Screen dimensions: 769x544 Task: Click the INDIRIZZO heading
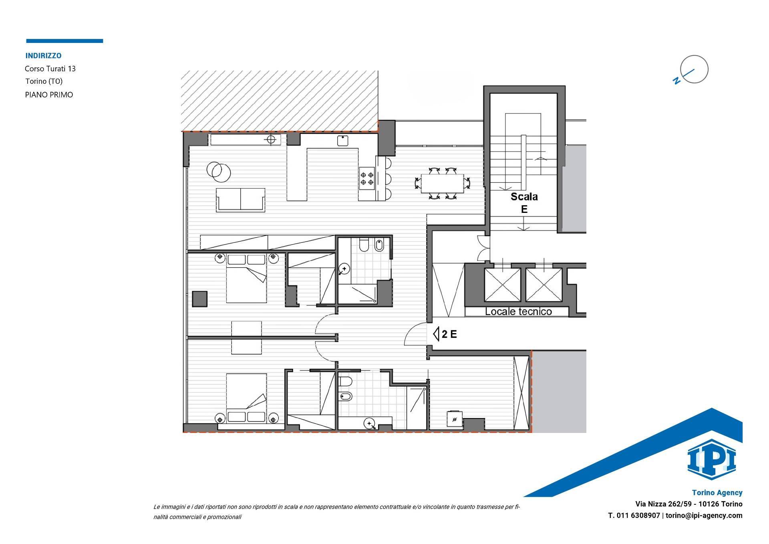coord(43,56)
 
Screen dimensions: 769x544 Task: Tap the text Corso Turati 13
coord(50,69)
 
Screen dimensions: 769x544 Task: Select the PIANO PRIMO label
coord(49,95)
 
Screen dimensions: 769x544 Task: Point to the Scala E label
coord(524,203)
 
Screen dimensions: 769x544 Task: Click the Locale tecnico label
coord(518,311)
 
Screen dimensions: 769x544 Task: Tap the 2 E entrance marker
coord(445,334)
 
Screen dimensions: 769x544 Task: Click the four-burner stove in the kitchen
coord(367,178)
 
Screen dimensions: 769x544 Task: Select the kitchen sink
coord(342,141)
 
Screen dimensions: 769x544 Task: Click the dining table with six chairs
coord(442,183)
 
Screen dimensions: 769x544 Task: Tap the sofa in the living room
coord(240,200)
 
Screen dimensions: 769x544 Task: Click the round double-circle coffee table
coord(218,170)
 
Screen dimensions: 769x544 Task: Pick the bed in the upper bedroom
coord(246,278)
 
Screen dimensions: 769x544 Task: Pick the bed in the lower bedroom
coord(246,398)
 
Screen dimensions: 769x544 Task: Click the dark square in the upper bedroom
coord(199,299)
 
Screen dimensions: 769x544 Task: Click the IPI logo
coord(712,459)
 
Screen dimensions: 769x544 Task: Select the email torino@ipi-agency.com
coord(704,516)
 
